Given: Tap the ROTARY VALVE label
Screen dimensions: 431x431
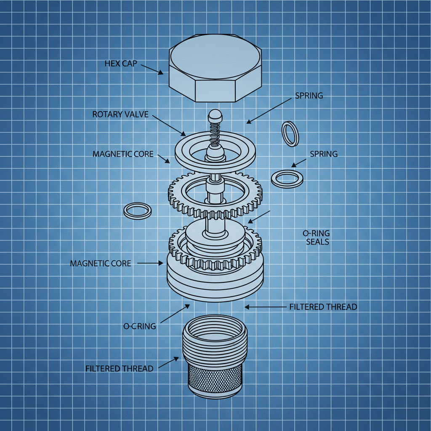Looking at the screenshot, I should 120,114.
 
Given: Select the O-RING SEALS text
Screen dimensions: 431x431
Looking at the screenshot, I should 316,237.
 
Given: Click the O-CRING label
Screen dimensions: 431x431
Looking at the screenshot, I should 140,326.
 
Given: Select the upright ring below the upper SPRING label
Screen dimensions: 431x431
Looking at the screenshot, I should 290,133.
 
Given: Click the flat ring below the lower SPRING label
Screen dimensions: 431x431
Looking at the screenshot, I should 287,179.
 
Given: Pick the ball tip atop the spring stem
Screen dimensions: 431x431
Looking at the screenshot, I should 215,114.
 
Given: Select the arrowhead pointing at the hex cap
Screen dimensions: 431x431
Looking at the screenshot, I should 160,73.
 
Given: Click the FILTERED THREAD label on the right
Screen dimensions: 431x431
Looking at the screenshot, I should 323,307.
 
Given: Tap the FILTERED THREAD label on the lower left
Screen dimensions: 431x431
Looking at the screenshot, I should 119,368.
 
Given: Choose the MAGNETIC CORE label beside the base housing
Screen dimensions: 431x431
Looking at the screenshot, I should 101,263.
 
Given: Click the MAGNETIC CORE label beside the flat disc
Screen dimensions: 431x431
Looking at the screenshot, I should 123,154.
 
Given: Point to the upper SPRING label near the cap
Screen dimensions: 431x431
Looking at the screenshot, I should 309,96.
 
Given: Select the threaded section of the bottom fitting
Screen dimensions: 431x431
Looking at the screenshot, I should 215,341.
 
